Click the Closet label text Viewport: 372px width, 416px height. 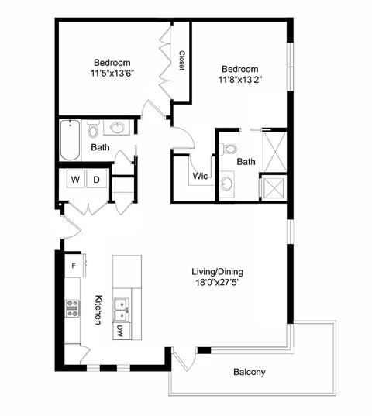[181, 61]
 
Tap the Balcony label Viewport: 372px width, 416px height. [249, 372]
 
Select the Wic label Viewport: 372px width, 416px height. [200, 176]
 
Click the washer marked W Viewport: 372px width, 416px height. [76, 180]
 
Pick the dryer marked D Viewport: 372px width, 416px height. [97, 180]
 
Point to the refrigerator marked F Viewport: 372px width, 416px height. [74, 266]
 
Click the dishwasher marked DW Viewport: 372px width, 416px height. [120, 330]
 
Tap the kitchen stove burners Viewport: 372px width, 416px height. [74, 308]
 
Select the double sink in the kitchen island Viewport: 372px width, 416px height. [122, 309]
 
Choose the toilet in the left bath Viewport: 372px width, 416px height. [93, 128]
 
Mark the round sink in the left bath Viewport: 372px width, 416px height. [119, 127]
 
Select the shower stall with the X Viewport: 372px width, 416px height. [274, 187]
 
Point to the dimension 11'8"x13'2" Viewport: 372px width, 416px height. [238, 78]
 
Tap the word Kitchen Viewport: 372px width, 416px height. [98, 309]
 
